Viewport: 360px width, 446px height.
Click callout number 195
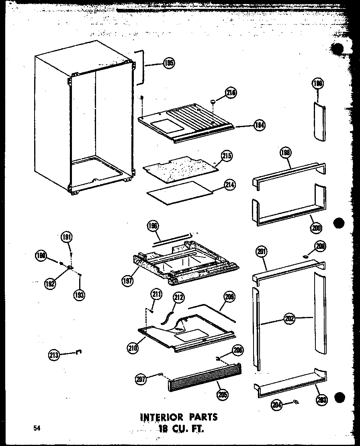click(x=169, y=63)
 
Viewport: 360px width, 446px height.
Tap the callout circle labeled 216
click(x=231, y=93)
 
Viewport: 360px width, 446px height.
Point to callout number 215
click(x=227, y=156)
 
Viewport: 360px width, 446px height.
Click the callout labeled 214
click(x=230, y=185)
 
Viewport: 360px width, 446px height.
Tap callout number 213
click(x=54, y=355)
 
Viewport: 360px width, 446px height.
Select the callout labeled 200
click(x=316, y=228)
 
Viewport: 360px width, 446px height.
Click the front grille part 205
click(x=205, y=378)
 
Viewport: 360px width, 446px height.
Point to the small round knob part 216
click(x=214, y=103)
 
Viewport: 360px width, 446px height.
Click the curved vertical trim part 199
click(x=318, y=121)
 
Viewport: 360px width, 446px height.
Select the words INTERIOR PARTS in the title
click(x=178, y=416)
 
